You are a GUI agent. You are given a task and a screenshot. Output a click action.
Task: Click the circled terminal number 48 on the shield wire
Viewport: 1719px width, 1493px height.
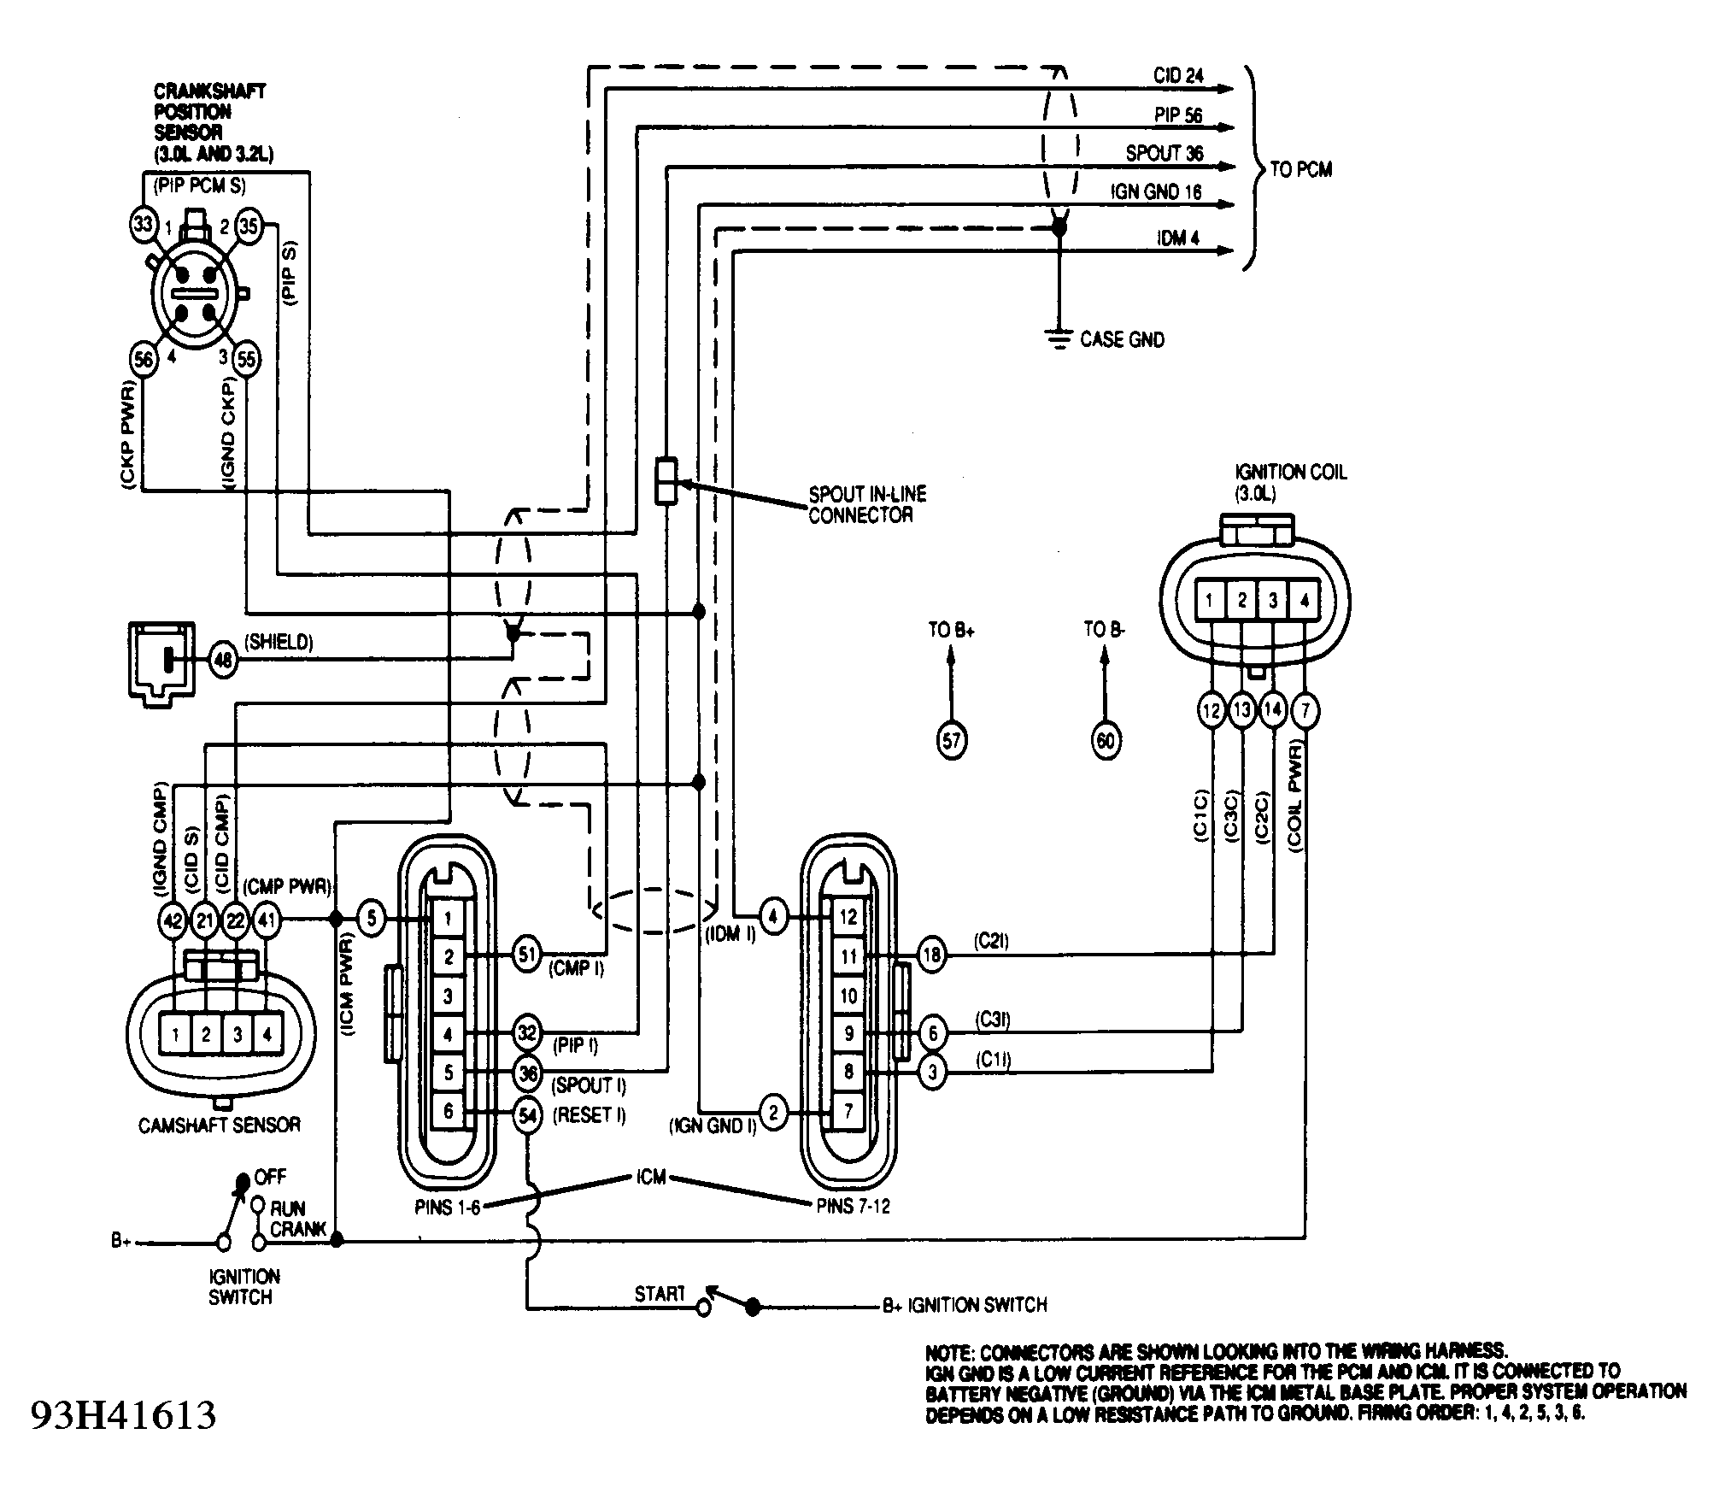click(224, 660)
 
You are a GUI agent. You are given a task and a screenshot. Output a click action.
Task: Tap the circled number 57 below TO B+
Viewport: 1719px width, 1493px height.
click(952, 740)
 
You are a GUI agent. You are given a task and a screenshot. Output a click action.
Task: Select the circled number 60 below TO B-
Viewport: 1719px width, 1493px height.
click(1106, 740)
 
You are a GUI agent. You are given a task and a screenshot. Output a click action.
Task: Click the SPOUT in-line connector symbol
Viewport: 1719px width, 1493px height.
click(666, 481)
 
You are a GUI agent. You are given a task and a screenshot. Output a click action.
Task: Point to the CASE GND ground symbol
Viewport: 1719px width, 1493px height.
click(1059, 339)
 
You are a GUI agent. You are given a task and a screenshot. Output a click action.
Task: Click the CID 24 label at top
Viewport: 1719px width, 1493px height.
click(1178, 75)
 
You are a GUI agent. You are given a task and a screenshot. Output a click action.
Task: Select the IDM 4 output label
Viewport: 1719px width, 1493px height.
click(1178, 238)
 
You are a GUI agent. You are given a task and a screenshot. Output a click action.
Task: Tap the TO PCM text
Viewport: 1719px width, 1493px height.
click(1300, 169)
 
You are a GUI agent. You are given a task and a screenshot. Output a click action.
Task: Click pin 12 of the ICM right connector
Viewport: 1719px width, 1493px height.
click(848, 917)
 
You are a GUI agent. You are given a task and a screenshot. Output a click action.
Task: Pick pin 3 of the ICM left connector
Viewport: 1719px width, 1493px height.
click(449, 996)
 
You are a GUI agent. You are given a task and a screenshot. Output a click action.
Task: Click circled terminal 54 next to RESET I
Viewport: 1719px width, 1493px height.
click(528, 1115)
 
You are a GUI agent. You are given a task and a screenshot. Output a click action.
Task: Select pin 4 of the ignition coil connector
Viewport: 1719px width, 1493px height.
click(1304, 601)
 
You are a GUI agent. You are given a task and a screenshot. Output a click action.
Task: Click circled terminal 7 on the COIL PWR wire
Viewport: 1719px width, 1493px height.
click(1305, 710)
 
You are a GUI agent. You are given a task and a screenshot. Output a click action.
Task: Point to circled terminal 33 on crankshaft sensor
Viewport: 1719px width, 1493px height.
click(144, 226)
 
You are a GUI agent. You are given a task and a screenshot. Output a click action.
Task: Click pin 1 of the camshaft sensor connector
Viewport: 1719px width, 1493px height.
click(175, 1035)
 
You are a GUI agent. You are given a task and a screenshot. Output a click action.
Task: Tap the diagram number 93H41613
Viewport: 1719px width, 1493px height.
click(123, 1415)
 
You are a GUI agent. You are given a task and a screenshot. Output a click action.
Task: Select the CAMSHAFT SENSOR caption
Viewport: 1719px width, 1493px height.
click(220, 1124)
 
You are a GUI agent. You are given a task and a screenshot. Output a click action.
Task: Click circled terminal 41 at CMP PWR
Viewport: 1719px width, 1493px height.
click(267, 920)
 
